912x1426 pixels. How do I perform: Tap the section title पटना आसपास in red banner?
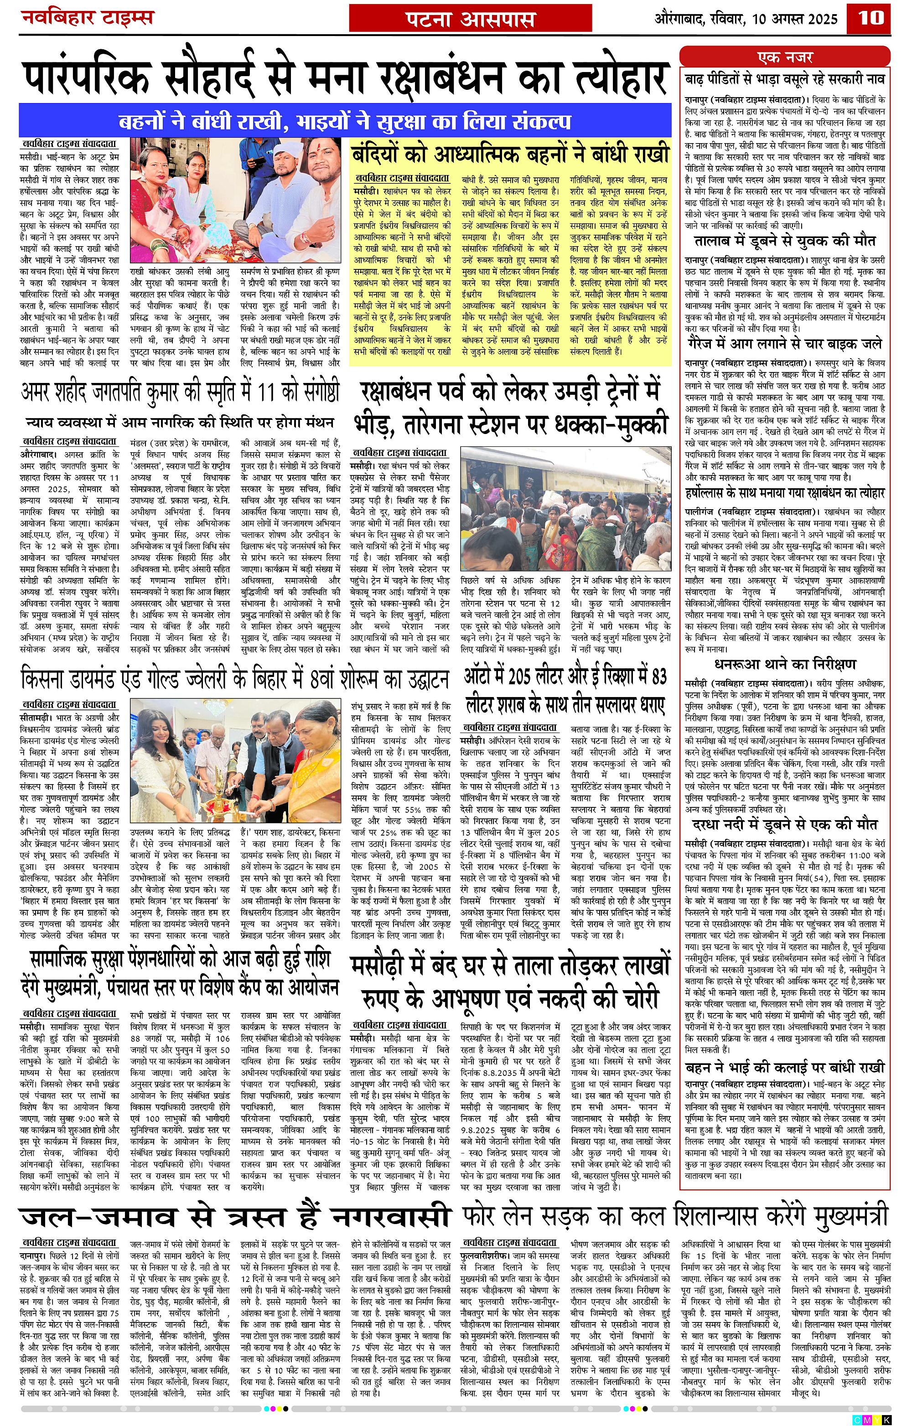[471, 19]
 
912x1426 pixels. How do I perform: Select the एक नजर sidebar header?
[785, 57]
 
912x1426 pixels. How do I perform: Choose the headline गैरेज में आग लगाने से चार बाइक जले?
[785, 344]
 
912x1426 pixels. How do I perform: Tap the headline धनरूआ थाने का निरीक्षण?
[785, 664]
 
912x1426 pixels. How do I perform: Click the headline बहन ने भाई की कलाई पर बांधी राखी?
[785, 1068]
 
